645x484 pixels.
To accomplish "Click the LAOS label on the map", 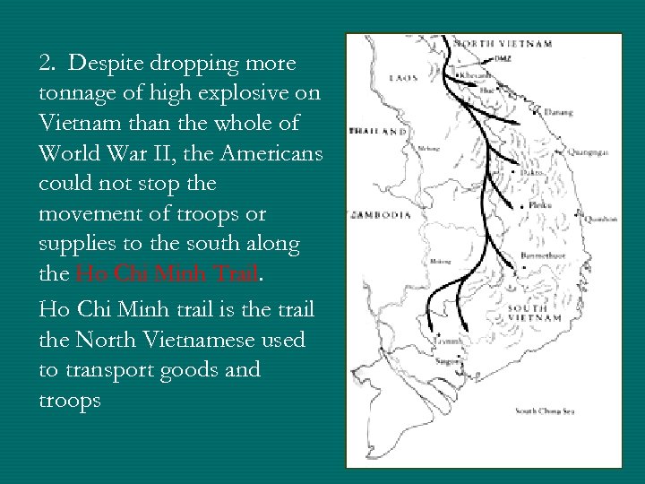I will pos(403,77).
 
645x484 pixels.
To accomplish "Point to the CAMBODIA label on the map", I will pos(382,215).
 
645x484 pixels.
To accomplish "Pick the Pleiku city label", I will pos(541,205).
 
